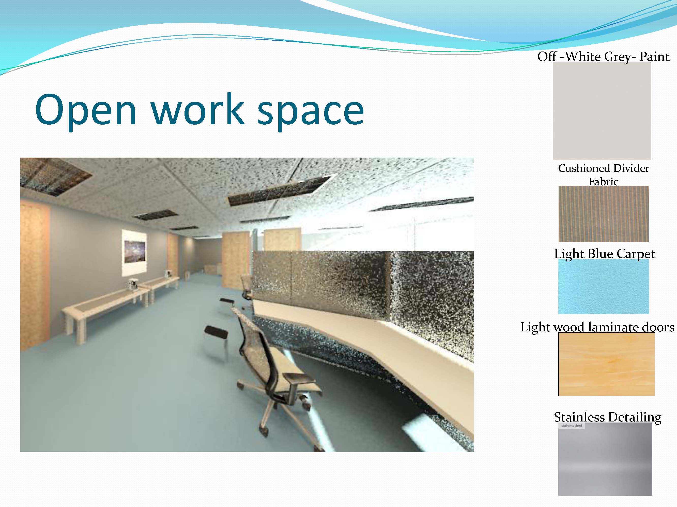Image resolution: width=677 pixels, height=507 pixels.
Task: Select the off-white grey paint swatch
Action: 602,111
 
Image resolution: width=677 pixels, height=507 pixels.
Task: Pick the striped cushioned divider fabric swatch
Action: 603,214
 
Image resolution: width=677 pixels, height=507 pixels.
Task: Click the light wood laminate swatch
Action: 606,364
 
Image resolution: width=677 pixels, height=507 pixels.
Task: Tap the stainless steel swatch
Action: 605,459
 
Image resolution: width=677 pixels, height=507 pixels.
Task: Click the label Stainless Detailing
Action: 608,417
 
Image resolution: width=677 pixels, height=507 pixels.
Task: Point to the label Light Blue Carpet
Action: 605,254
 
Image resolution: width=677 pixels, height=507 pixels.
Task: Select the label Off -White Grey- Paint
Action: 603,57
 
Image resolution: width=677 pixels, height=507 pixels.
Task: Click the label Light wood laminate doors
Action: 597,327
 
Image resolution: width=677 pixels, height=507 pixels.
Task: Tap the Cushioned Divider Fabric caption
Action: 604,175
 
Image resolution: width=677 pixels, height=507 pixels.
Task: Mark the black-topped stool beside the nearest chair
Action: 216,343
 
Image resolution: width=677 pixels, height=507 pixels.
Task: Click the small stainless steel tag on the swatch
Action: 572,426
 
